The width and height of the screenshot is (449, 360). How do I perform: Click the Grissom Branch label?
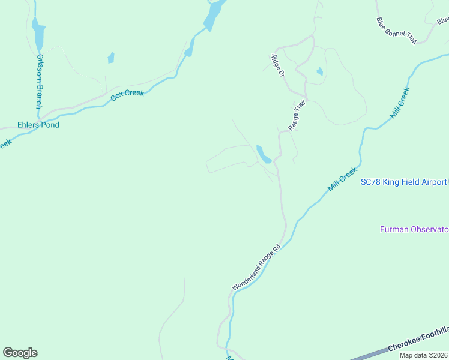pyautogui.click(x=40, y=82)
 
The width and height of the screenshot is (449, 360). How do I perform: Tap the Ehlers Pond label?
pyautogui.click(x=38, y=125)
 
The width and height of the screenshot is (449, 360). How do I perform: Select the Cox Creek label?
pyautogui.click(x=127, y=95)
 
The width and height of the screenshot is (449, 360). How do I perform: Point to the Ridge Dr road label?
pyautogui.click(x=277, y=66)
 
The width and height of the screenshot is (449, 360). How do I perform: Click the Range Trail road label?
pyautogui.click(x=297, y=115)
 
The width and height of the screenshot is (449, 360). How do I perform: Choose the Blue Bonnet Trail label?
pyautogui.click(x=397, y=30)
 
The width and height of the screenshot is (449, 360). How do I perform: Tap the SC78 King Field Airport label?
pyautogui.click(x=403, y=182)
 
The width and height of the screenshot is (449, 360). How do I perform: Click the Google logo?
pyautogui.click(x=20, y=352)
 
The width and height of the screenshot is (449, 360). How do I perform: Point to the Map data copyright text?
pyautogui.click(x=423, y=355)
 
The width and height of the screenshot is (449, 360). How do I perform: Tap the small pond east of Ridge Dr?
pyautogui.click(x=319, y=72)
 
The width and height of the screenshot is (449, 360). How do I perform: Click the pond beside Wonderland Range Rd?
pyautogui.click(x=264, y=154)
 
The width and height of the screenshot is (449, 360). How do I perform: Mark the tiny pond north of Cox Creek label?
pyautogui.click(x=111, y=58)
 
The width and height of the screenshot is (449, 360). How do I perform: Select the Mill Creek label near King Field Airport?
pyautogui.click(x=343, y=179)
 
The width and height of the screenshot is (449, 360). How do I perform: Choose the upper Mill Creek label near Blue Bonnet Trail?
pyautogui.click(x=400, y=103)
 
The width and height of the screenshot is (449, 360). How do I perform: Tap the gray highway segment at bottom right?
pyautogui.click(x=366, y=355)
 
